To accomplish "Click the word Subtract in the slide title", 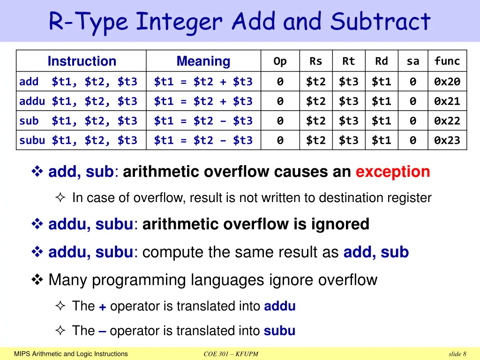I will tap(380, 22).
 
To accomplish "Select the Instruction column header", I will tap(82, 61).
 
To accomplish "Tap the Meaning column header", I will tap(203, 61).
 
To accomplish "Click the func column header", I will tap(447, 61).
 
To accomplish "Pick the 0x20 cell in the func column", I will tap(447, 82).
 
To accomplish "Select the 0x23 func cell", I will tap(447, 140).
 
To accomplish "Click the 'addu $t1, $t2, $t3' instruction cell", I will tap(78, 101).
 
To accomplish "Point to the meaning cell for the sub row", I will tap(203, 121).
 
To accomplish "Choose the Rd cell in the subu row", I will tap(381, 140).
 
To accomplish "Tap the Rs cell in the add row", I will tap(315, 82).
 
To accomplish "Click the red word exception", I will tap(393, 172).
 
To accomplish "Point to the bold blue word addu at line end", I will tap(280, 307).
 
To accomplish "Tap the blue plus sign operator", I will tap(102, 307).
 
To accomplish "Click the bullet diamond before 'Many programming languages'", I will tap(37, 280).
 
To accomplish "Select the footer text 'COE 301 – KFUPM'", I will tap(231, 354).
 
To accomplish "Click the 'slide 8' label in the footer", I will tap(457, 354).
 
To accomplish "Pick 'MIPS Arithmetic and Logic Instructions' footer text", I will tap(71, 354).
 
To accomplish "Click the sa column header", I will tap(412, 61).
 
